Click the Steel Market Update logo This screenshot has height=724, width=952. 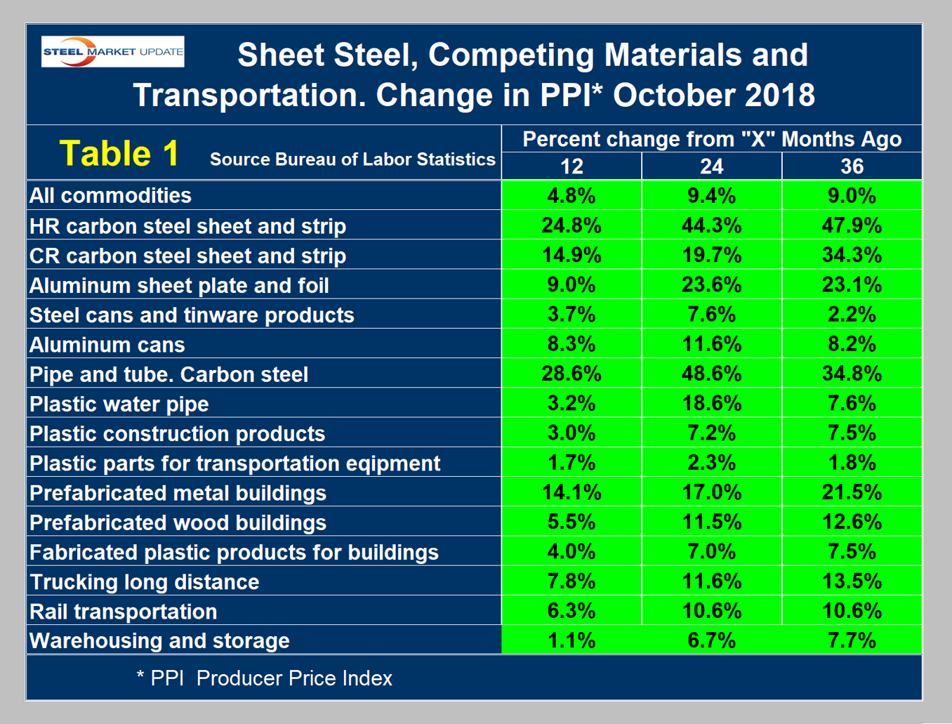[113, 52]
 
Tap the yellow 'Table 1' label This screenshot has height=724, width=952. [119, 153]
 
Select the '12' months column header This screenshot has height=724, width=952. [571, 166]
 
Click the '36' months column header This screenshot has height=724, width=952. [852, 166]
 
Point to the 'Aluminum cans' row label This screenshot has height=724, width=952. [107, 345]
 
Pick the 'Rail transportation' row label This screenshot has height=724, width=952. [124, 612]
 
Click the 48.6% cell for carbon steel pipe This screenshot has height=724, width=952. [711, 374]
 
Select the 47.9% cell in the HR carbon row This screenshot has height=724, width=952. [852, 225]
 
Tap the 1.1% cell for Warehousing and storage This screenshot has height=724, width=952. [571, 640]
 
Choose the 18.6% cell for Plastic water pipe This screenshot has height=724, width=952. [711, 404]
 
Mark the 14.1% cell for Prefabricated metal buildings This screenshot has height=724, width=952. [571, 492]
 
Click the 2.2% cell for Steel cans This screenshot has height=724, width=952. [852, 315]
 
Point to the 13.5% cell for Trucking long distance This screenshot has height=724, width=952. [852, 581]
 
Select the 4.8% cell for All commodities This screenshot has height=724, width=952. [571, 195]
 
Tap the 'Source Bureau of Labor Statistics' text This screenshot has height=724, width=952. [352, 160]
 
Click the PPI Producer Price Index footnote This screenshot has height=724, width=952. [265, 678]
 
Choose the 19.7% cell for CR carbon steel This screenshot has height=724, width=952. [711, 256]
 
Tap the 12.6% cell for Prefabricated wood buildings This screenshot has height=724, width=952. [852, 522]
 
